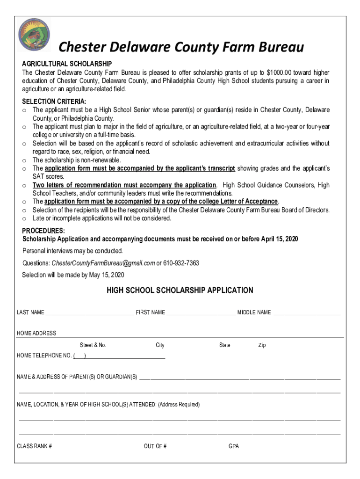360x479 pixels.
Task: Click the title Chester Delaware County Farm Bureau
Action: click(180, 48)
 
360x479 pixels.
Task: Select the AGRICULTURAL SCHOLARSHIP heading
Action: click(67, 64)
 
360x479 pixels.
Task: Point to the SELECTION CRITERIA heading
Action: click(54, 102)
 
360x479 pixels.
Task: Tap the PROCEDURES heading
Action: click(43, 231)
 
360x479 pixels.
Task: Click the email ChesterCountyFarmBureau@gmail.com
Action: click(103, 263)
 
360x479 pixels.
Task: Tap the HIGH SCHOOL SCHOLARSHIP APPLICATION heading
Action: click(180, 290)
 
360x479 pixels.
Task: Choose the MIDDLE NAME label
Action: click(254, 312)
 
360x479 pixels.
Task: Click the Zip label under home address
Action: click(262, 345)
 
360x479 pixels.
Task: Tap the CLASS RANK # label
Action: click(34, 446)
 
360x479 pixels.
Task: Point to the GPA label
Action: click(233, 446)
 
